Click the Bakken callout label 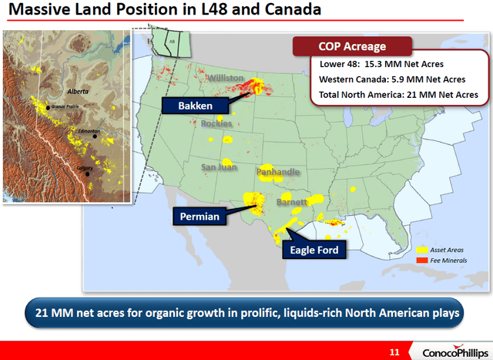pyautogui.click(x=186, y=105)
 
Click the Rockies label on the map pyautogui.click(x=216, y=123)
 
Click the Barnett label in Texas pyautogui.click(x=293, y=202)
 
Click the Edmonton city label pyautogui.click(x=89, y=132)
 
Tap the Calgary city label pyautogui.click(x=85, y=167)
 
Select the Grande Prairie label pyautogui.click(x=67, y=105)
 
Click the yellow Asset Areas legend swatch pyautogui.click(x=421, y=251)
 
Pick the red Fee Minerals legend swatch pyautogui.click(x=421, y=261)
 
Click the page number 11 pyautogui.click(x=394, y=352)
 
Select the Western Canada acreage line pyautogui.click(x=392, y=79)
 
